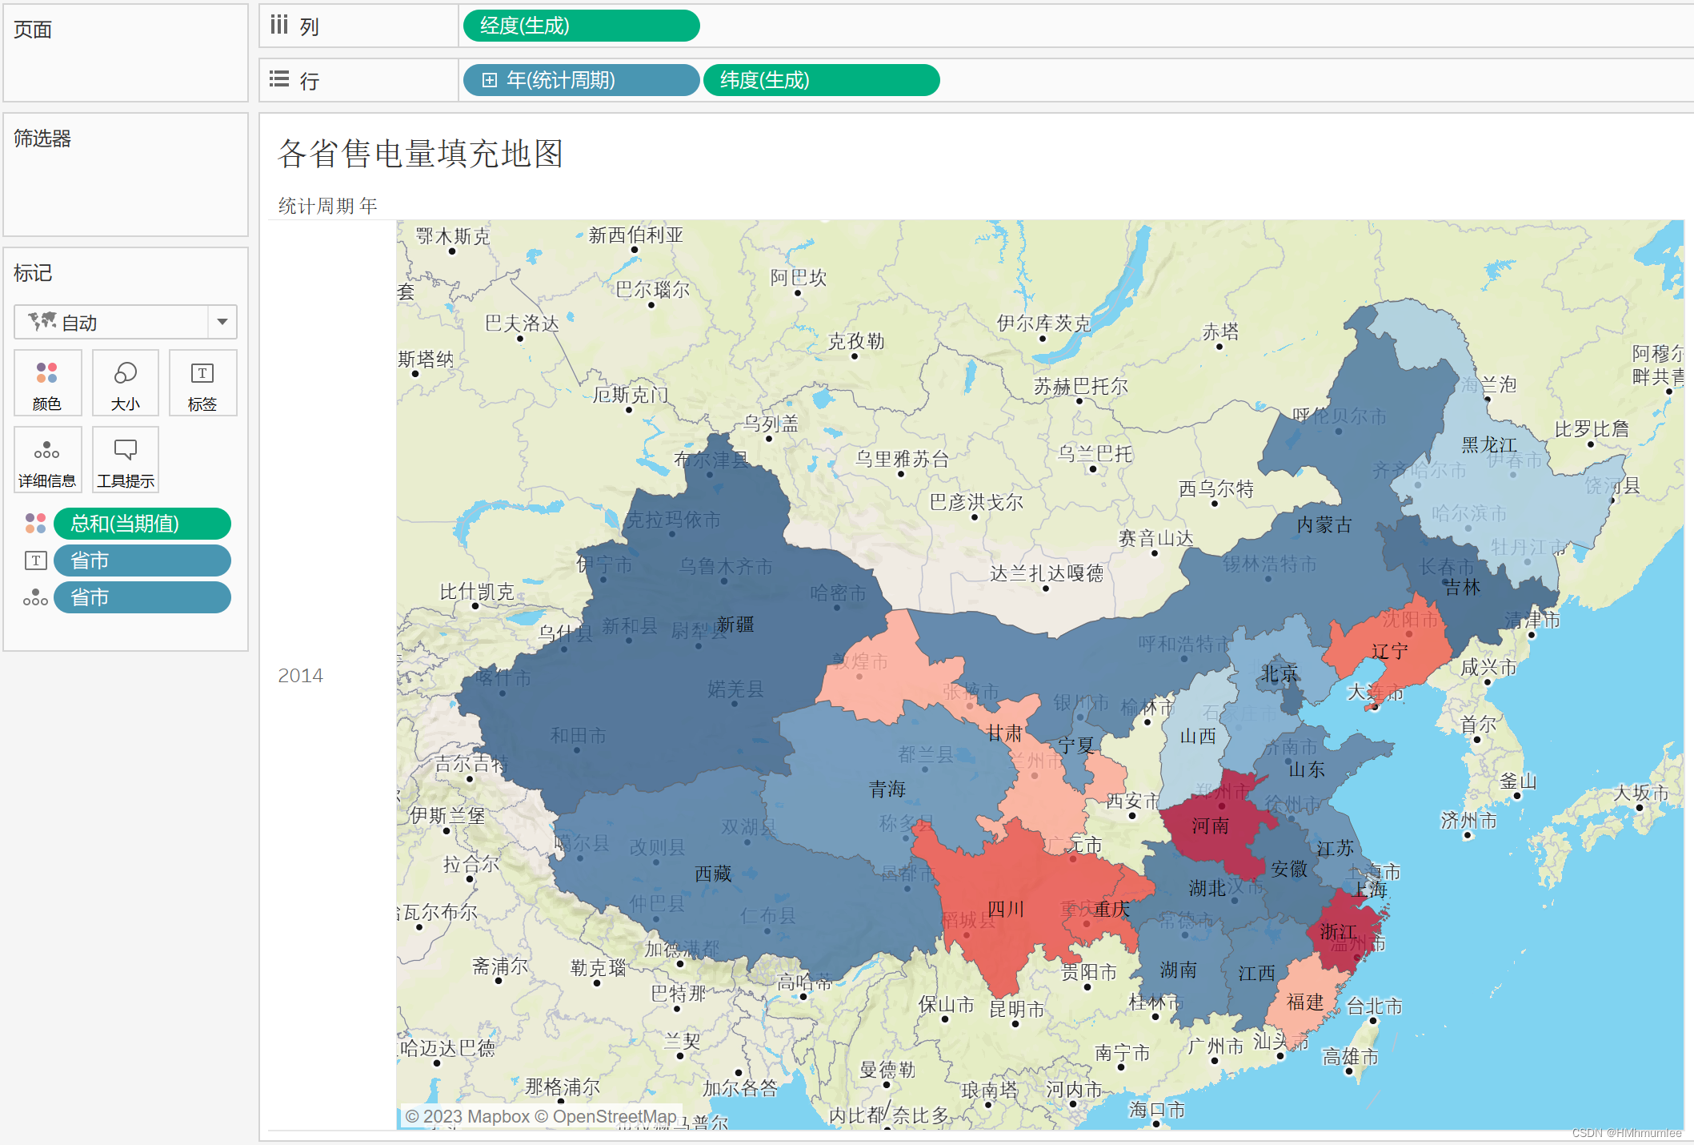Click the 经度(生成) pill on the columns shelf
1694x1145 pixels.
pos(580,26)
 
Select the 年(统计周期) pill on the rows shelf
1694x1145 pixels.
pos(580,80)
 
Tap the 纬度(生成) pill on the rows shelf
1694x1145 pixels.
pos(820,80)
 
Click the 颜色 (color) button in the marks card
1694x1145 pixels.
pos(47,384)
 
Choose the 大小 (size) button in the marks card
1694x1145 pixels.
pos(126,384)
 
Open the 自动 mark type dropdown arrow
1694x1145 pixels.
pos(222,322)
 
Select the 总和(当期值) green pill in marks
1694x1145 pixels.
pos(142,524)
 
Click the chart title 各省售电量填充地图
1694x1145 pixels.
pos(421,154)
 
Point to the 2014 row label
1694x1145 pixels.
pos(300,676)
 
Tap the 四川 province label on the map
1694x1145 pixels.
pos(1006,910)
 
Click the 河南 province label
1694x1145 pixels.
pos(1210,826)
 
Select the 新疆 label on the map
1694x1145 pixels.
pos(735,625)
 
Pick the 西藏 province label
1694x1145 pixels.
pos(713,874)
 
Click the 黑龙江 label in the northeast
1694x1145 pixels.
pos(1489,444)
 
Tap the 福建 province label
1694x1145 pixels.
pos(1305,1002)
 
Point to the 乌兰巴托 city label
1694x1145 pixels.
pos(1095,455)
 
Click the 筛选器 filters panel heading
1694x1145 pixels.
pos(42,139)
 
